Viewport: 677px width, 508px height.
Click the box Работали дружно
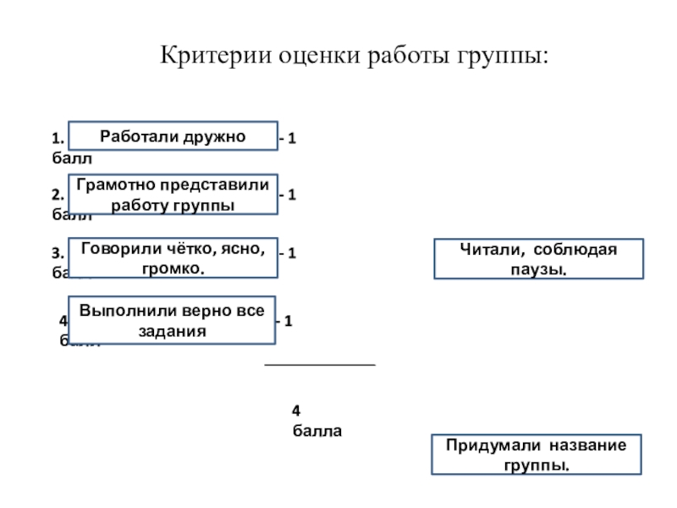[x=173, y=135]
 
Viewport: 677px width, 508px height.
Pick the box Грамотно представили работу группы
[x=173, y=195]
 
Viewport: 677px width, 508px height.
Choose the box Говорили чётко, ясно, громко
[x=173, y=257]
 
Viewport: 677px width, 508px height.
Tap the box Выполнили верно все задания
[x=173, y=320]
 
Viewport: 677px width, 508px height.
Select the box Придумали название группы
[x=537, y=455]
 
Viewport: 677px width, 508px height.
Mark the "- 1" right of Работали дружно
[x=288, y=138]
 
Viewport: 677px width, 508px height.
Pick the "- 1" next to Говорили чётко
[x=288, y=253]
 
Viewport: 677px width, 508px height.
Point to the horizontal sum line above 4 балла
[x=320, y=365]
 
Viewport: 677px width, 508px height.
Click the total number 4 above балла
[x=296, y=411]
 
